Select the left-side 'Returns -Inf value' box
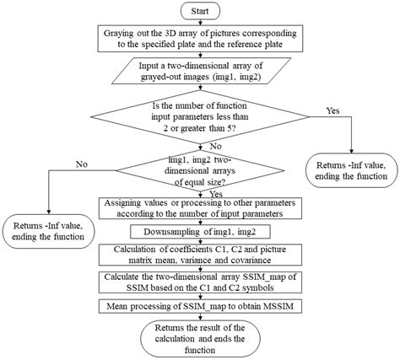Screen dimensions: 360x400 point(49,230)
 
